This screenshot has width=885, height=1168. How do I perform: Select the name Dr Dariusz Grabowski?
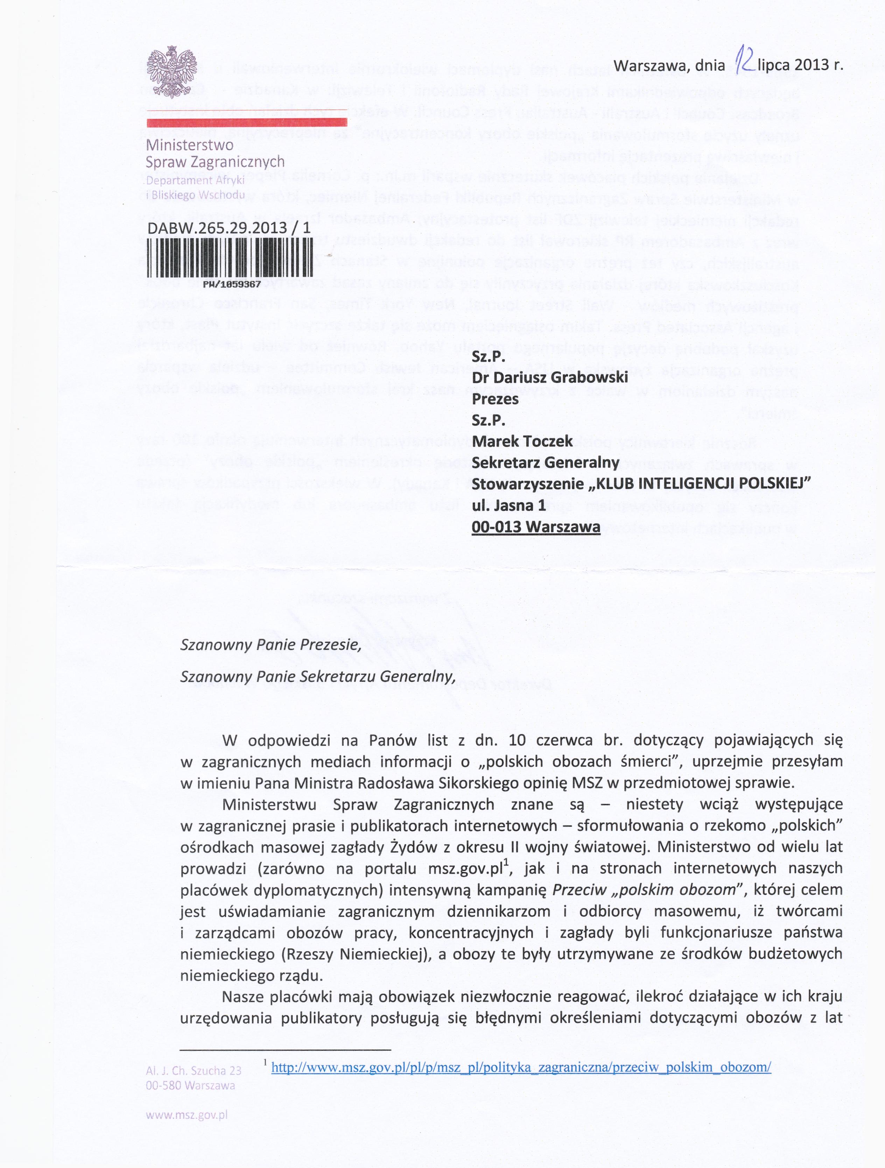(x=549, y=377)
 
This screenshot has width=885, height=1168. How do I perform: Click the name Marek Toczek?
(x=522, y=441)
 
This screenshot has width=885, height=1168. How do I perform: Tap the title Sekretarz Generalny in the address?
(x=545, y=462)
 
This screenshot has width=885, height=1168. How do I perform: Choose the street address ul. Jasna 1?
(x=508, y=505)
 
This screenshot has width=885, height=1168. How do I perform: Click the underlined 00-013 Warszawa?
(x=536, y=527)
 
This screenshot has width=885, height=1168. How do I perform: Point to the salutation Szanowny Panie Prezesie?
(x=271, y=645)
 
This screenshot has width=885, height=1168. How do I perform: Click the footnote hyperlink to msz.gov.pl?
(x=521, y=1067)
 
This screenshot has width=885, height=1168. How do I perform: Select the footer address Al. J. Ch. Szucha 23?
(x=194, y=1071)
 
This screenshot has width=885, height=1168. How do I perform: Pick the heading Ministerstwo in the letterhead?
(x=190, y=145)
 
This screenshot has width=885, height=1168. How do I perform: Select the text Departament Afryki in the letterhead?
(x=195, y=180)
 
